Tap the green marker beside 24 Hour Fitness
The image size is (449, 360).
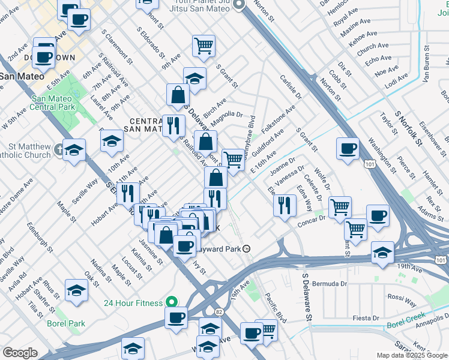point(172,302)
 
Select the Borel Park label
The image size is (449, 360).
point(66,323)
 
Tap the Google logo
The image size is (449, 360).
point(20,353)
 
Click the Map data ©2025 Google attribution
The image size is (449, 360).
point(412,355)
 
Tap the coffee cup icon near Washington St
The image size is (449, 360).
point(348,148)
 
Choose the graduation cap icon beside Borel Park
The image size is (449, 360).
point(77,290)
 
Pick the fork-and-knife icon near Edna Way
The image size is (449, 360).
point(285,205)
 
